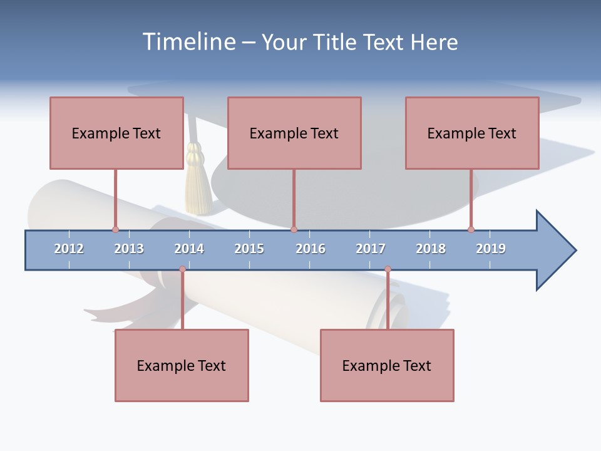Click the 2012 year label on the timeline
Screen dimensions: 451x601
[69, 249]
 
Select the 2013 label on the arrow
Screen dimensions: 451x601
[129, 249]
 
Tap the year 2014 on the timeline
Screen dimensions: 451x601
[189, 249]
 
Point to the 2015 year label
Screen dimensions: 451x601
[249, 249]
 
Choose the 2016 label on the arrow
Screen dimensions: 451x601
[311, 249]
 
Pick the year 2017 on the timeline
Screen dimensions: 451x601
[371, 249]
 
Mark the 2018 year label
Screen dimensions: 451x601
[431, 249]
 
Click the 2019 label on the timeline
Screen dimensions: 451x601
[491, 249]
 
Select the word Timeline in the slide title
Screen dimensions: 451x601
[188, 42]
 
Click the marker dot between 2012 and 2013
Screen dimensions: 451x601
[115, 230]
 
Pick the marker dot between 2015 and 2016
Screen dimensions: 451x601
[294, 230]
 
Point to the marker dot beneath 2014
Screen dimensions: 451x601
[182, 269]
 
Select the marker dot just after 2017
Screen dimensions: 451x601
[388, 269]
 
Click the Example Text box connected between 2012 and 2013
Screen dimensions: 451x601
[116, 133]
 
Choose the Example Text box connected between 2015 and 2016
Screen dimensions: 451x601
[294, 133]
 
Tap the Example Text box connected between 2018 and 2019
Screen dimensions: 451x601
[472, 133]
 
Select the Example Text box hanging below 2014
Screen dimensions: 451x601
[182, 365]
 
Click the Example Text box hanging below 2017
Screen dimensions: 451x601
[387, 365]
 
